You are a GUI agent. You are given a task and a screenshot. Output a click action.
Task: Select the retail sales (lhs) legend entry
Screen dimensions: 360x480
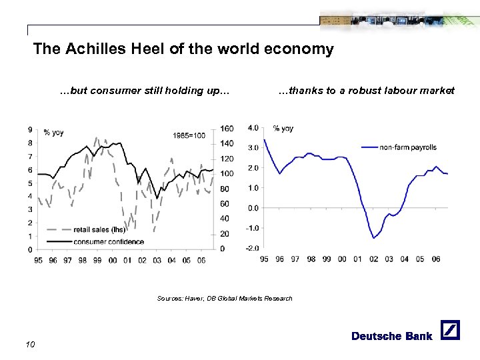(x=99, y=230)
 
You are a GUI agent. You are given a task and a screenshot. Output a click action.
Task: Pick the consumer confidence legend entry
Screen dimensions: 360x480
(x=109, y=241)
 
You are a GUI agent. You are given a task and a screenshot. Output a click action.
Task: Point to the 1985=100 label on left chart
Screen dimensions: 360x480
(x=189, y=136)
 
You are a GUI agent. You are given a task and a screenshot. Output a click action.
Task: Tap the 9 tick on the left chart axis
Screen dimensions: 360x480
(x=29, y=129)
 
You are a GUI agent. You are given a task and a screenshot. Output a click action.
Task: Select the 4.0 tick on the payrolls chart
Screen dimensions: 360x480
(x=253, y=128)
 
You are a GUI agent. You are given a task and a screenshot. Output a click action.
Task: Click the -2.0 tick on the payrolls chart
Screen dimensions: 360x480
(x=253, y=248)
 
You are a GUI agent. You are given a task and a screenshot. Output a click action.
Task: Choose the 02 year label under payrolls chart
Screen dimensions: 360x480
(x=373, y=259)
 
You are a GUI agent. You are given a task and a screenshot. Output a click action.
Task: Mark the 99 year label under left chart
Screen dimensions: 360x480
(x=97, y=261)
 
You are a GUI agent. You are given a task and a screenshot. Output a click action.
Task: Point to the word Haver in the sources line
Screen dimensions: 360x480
(x=193, y=298)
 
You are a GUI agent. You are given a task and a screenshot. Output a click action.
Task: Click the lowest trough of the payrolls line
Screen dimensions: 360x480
(x=374, y=238)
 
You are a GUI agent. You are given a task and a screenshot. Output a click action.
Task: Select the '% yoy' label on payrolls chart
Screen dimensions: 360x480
(x=283, y=128)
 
